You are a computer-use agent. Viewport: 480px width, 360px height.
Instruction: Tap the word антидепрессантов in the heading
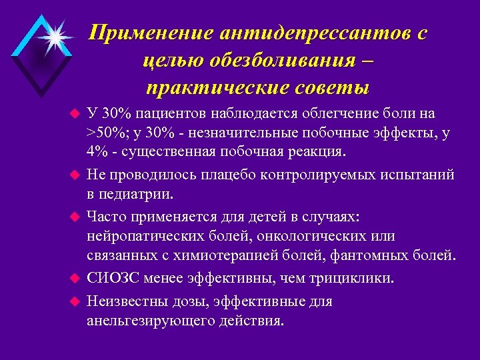click(299, 33)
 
